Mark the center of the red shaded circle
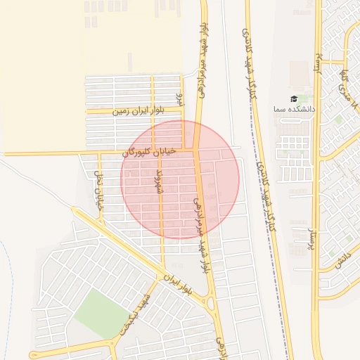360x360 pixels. coord(180,179)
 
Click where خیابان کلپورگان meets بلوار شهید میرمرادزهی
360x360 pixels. coord(197,148)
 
